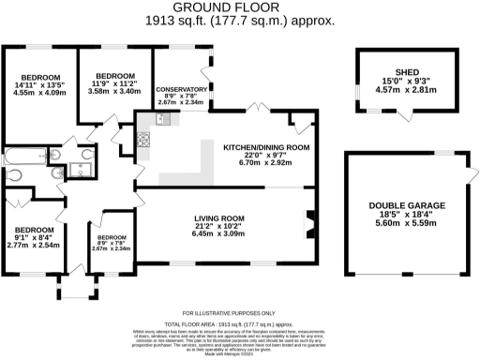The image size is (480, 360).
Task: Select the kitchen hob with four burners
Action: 145,140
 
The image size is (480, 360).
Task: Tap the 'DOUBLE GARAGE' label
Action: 406,205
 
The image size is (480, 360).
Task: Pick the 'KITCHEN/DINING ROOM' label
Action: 265,148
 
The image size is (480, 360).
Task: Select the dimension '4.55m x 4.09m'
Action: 40,93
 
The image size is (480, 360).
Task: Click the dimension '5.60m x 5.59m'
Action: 406,224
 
